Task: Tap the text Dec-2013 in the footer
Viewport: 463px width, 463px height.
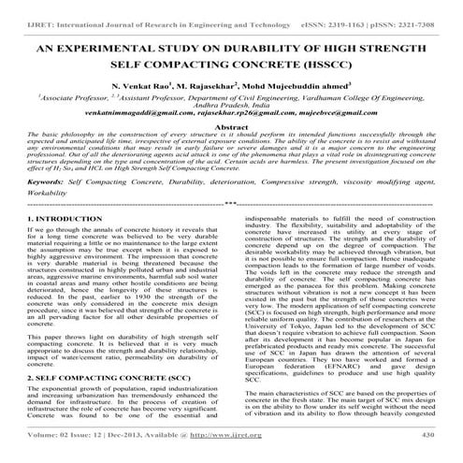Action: [x=129, y=446]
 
